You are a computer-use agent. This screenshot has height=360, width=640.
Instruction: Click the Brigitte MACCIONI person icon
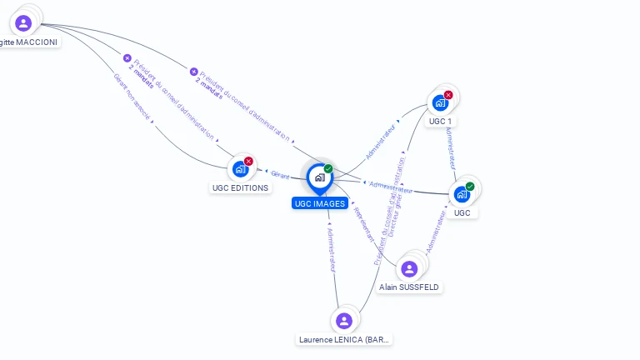pos(23,22)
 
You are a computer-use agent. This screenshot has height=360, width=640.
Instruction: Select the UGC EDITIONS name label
pos(240,187)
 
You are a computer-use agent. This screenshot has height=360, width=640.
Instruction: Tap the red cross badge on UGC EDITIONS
pos(248,161)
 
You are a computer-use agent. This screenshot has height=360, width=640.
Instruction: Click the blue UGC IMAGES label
pos(320,203)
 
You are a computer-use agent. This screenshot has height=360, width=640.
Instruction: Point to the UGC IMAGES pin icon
pos(319,177)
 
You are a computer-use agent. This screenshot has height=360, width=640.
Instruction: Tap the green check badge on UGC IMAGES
pos(328,169)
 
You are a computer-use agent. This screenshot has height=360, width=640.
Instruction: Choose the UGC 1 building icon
pos(440,103)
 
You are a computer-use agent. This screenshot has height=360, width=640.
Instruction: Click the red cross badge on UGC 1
pos(448,95)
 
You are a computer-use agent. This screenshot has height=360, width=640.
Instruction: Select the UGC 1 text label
pos(440,122)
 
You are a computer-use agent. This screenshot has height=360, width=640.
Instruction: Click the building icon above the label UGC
pos(462,194)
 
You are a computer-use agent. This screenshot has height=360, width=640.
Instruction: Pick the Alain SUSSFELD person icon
pos(409,268)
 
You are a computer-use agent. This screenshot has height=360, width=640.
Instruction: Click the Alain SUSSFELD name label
pos(409,287)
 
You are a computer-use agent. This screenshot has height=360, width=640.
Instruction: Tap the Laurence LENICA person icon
pos(343,321)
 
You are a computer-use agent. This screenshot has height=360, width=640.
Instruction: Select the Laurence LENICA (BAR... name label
pos(344,339)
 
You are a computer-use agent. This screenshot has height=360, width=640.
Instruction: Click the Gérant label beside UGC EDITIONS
pos(280,174)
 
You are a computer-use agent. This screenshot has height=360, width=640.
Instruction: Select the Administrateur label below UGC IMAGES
pos(331,248)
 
